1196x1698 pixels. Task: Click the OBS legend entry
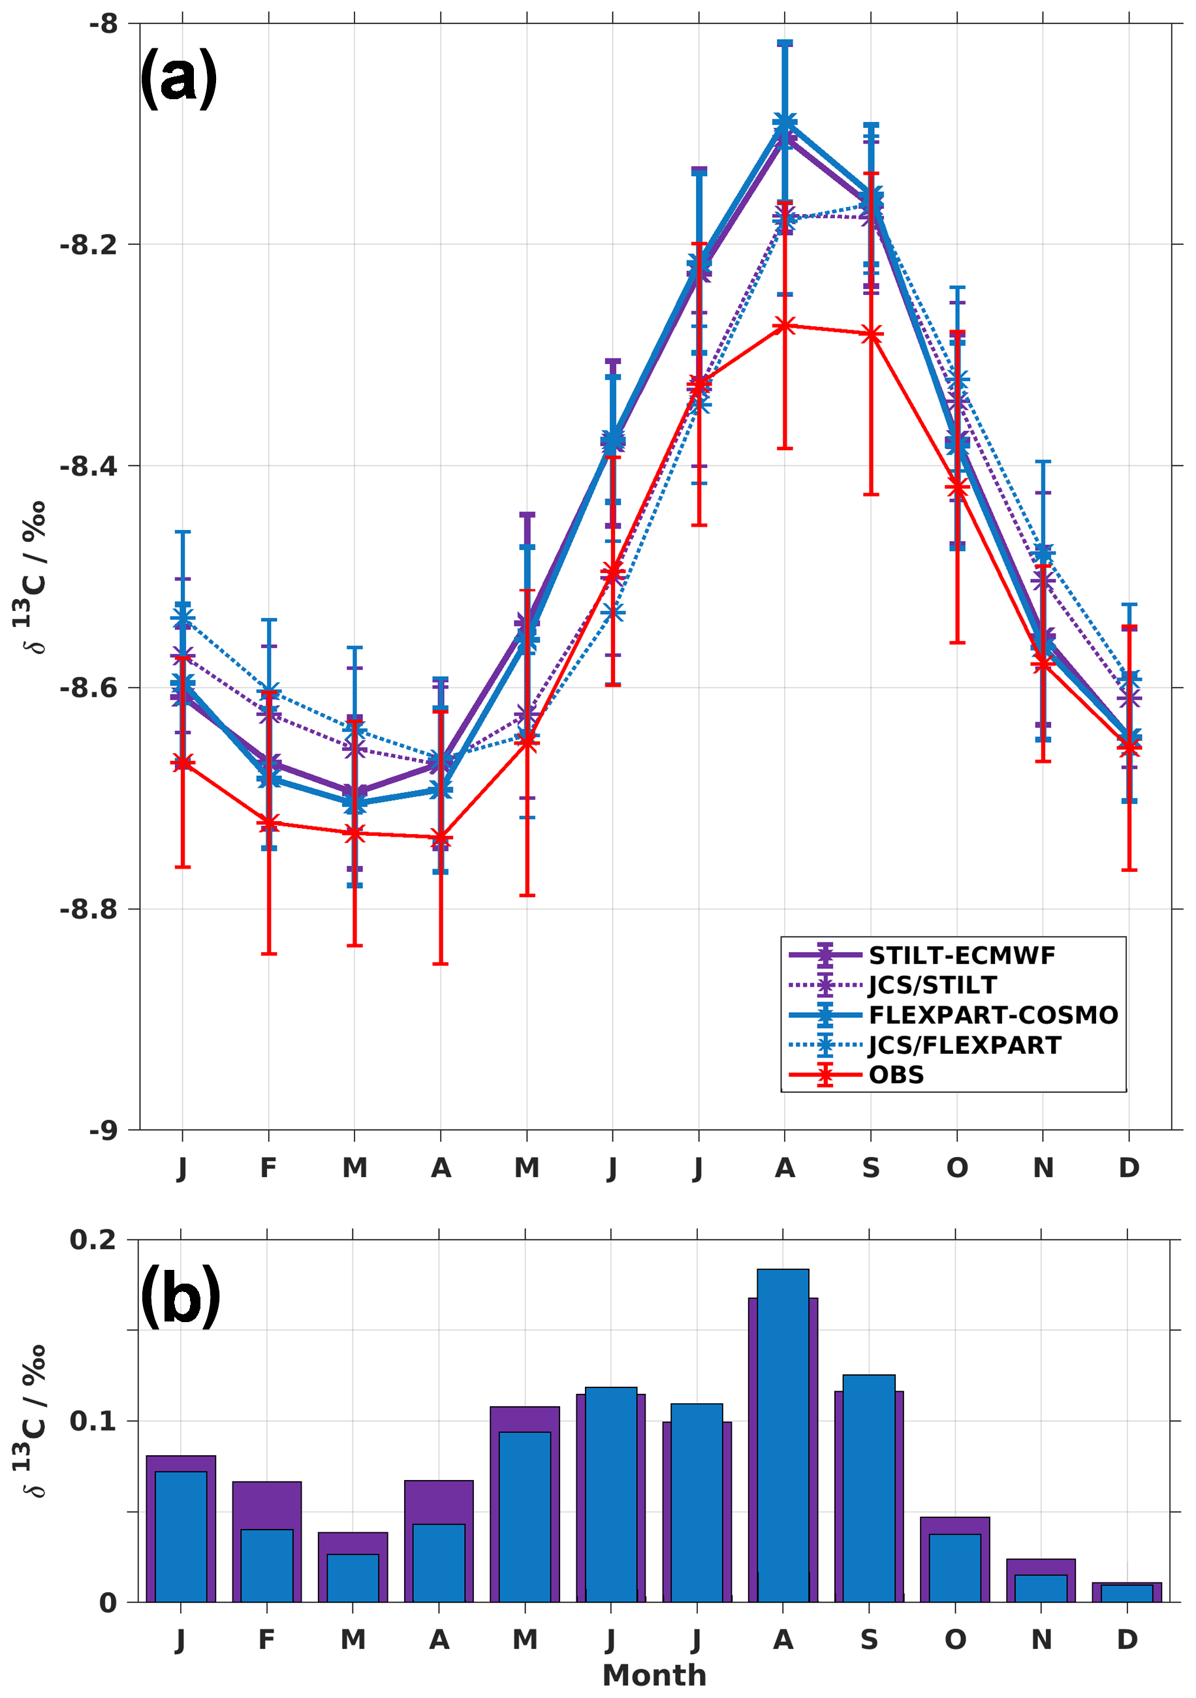coord(896,1075)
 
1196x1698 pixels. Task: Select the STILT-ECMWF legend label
coord(962,955)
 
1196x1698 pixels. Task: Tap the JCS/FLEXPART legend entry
coord(964,1045)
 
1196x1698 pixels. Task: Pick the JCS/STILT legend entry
coord(932,985)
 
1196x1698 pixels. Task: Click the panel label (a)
coord(178,77)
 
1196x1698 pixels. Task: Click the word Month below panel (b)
coord(655,1675)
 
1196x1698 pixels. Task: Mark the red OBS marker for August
coord(785,326)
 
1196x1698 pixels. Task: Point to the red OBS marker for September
coord(872,334)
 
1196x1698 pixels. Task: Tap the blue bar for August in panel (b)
coord(783,1442)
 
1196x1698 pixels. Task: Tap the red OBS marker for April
coord(441,838)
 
